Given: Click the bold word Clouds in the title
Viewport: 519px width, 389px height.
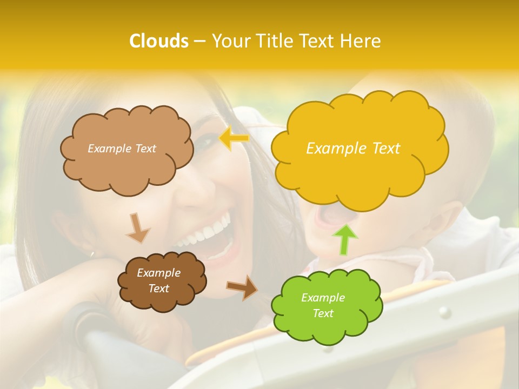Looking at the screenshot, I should coord(158,41).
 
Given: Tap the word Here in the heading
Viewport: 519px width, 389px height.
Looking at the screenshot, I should coord(362,41).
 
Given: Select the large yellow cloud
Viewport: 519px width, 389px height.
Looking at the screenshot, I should coord(359,149).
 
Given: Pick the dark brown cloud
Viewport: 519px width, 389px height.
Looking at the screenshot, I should coord(161,280).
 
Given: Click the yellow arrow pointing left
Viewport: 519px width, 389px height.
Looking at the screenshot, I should coord(234,139).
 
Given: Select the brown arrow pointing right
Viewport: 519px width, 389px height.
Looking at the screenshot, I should coord(242,287).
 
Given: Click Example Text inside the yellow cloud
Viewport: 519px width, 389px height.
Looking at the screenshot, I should coord(353,149).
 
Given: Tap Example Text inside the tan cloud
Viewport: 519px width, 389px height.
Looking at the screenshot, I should coord(122,149).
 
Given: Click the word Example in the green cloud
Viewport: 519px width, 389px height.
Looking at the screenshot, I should coord(323,298).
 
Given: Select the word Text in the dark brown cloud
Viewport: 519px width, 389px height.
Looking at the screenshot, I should coord(158,289).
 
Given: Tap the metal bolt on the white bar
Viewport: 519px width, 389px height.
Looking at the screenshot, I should coord(444,312).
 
